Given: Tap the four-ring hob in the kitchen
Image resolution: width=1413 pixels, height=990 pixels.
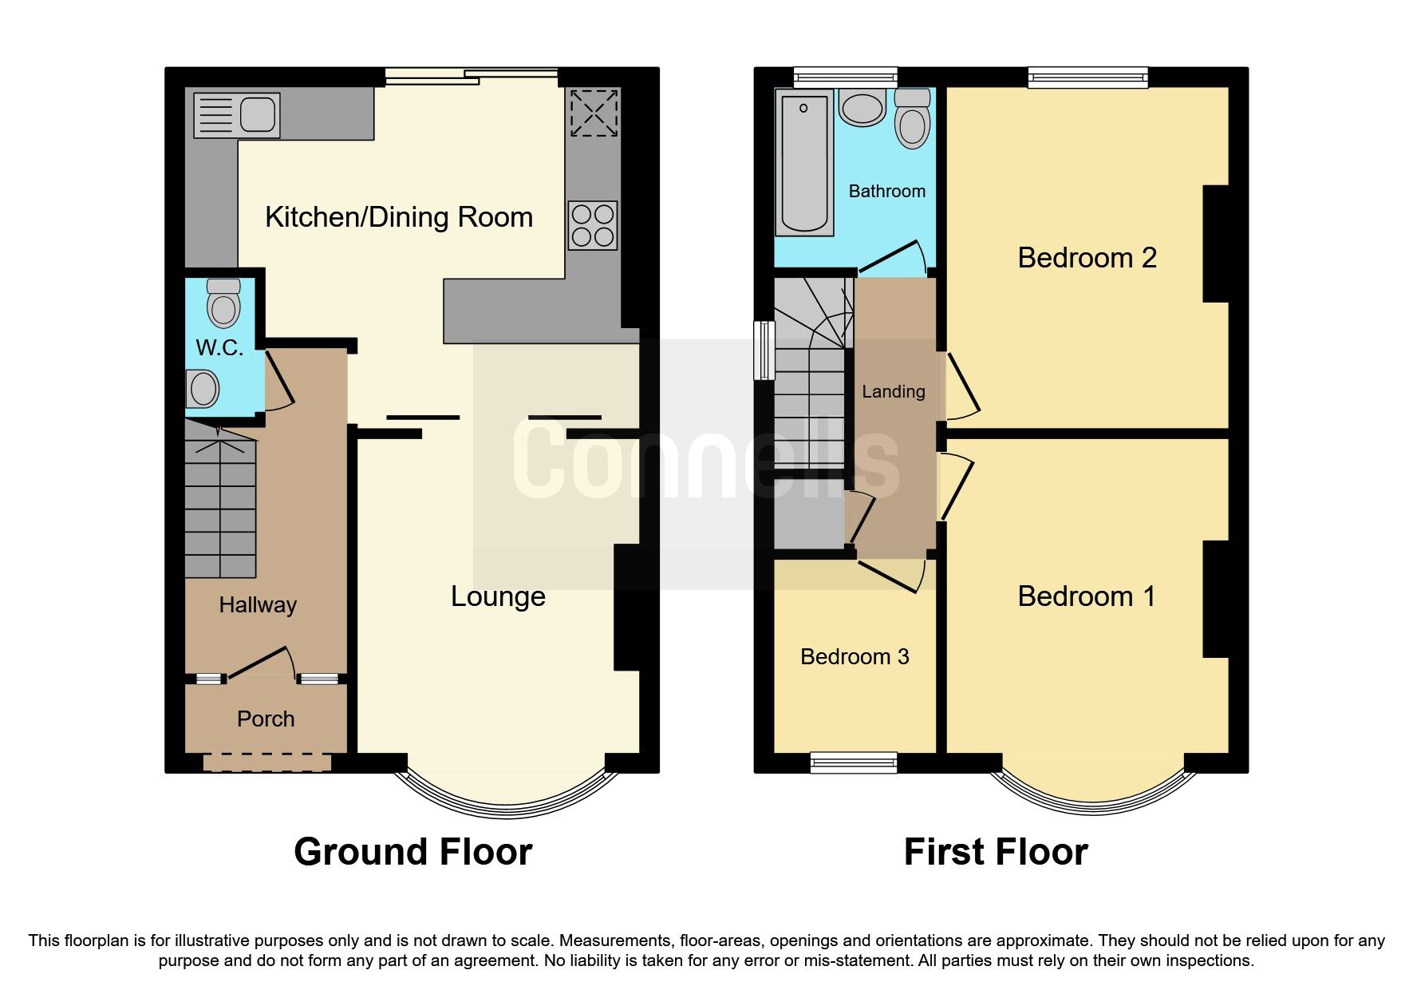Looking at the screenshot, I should coord(593,225).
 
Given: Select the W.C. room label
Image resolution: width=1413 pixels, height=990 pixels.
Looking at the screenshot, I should coord(219,347).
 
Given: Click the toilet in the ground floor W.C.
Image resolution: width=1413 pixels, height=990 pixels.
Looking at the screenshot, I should coord(223,303).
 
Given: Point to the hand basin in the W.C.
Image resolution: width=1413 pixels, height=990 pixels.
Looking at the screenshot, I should coord(203,389).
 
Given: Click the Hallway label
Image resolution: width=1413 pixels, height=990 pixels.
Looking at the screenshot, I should coord(258,605).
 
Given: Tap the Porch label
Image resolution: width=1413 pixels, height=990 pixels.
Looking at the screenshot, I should coord(266,719).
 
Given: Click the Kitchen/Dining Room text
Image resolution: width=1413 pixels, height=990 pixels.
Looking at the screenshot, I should coord(399,217).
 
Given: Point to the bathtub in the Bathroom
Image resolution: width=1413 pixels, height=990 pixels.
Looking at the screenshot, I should coord(804,164).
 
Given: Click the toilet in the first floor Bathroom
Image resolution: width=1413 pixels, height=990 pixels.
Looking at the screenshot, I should coord(912,120).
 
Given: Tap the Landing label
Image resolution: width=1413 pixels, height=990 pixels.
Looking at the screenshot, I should coord(894,391).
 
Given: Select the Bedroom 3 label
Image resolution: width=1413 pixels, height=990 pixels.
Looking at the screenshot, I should coord(855,656).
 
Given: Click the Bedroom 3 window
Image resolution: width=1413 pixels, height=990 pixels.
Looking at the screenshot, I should coord(854,763).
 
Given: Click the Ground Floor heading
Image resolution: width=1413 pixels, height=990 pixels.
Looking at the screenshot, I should coord(412,852).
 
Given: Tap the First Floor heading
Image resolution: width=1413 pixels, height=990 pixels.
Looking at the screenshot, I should coord(995,852).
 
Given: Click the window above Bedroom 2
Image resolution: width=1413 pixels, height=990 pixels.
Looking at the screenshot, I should coord(1087,77).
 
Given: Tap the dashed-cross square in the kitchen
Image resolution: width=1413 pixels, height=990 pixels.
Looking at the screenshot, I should coord(594,113).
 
